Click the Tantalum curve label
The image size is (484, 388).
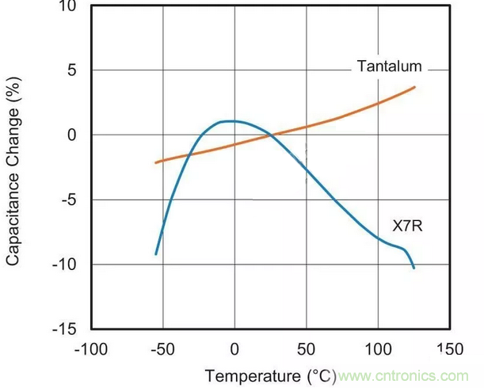[389, 67]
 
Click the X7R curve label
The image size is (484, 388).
[408, 226]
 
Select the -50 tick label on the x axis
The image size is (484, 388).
[162, 349]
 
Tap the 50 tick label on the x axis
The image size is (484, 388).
[306, 349]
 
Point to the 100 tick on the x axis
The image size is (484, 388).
[377, 349]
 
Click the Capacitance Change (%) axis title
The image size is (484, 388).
[13, 171]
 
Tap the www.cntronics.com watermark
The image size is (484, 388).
[402, 375]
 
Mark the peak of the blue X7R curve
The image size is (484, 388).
[230, 121]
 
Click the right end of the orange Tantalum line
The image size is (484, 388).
[415, 87]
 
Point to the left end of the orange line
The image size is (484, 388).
[156, 162]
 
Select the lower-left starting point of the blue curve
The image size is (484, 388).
[156, 254]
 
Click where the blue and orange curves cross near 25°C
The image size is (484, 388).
[270, 134]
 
